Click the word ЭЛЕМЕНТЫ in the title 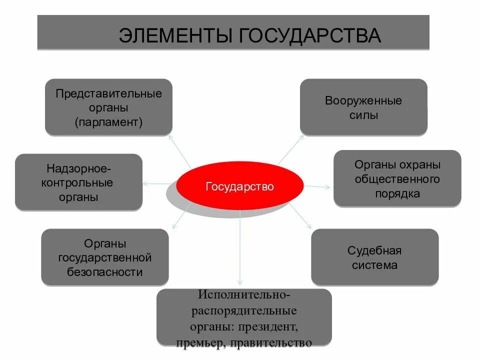pos(175,36)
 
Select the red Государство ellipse pos(239,186)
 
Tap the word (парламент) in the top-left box pos(109,122)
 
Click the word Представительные pos(109,94)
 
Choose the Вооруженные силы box pos(363,107)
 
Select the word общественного pos(397,179)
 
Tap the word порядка pos(397,193)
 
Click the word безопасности pos(105,272)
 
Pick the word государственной pos(105,258)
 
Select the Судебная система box pos(374,257)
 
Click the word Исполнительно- pos(244,296)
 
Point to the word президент pos(272,327)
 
